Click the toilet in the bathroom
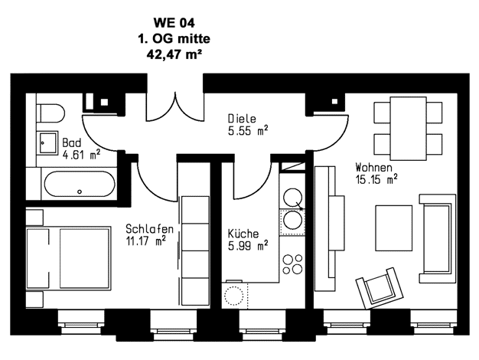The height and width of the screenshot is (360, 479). pyautogui.click(x=51, y=113)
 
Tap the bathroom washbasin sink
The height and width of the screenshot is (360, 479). pyautogui.click(x=47, y=142)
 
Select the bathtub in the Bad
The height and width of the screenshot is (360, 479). pyautogui.click(x=80, y=184)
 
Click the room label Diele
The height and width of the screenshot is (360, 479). pyautogui.click(x=242, y=119)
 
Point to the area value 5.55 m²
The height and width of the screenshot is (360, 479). pyautogui.click(x=248, y=131)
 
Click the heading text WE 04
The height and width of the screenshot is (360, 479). pyautogui.click(x=174, y=23)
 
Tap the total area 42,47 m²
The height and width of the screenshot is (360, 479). pyautogui.click(x=174, y=54)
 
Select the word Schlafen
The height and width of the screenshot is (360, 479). pyautogui.click(x=150, y=229)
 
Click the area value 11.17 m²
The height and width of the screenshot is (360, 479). pyautogui.click(x=145, y=241)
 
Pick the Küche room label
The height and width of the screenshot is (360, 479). pyautogui.click(x=243, y=234)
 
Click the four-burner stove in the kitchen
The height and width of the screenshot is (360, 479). pyautogui.click(x=292, y=264)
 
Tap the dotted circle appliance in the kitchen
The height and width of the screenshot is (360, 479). pyautogui.click(x=234, y=296)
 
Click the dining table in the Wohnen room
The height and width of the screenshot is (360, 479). pyautogui.click(x=409, y=129)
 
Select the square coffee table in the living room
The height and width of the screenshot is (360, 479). pyautogui.click(x=394, y=228)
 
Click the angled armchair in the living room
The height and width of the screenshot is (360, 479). pyautogui.click(x=380, y=288)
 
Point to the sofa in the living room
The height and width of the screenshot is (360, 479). pyautogui.click(x=438, y=238)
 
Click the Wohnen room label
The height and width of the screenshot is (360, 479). pyautogui.click(x=373, y=167)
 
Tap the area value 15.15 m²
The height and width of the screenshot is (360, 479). pyautogui.click(x=376, y=179)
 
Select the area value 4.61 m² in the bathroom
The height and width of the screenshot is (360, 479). pyautogui.click(x=81, y=155)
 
